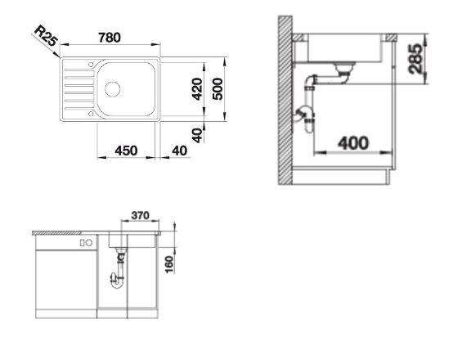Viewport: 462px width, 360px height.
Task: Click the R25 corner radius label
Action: (x=46, y=36)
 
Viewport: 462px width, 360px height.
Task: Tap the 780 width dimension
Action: (x=110, y=38)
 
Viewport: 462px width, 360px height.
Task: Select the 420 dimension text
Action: (x=197, y=88)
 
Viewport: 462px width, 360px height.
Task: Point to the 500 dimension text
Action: (x=218, y=88)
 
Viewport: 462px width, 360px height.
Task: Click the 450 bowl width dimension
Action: (x=126, y=151)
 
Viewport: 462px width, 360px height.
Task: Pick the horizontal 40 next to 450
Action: (x=179, y=151)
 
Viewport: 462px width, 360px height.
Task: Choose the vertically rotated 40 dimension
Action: (x=197, y=135)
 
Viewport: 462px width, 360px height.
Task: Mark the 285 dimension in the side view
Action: (x=415, y=58)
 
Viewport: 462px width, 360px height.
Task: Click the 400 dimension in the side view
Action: (x=353, y=143)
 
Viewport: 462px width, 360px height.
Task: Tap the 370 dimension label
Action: (x=141, y=215)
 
